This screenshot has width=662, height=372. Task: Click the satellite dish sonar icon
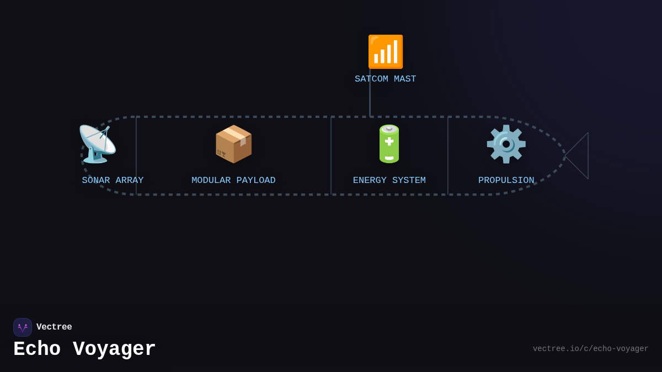tap(97, 144)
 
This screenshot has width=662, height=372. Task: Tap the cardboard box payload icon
tap(233, 144)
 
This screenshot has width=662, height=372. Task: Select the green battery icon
tap(389, 144)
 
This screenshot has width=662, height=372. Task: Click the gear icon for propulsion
tap(506, 144)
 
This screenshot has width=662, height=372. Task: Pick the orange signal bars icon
tap(386, 52)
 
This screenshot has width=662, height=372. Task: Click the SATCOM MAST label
tap(385, 79)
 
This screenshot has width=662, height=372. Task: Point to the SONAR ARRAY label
tap(113, 181)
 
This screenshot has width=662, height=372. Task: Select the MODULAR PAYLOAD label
tap(233, 181)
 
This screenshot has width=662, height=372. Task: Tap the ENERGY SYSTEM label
tap(389, 181)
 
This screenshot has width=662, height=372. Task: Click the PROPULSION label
tap(506, 181)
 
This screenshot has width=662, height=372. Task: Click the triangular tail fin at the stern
tap(580, 155)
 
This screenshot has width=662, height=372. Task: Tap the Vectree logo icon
tap(23, 327)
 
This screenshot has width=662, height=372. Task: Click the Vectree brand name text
tap(54, 327)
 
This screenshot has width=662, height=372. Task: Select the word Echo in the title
tap(37, 349)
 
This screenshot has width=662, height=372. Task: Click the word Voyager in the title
tap(114, 349)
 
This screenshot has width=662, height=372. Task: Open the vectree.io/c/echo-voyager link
tap(590, 349)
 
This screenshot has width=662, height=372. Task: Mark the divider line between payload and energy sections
tap(331, 155)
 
